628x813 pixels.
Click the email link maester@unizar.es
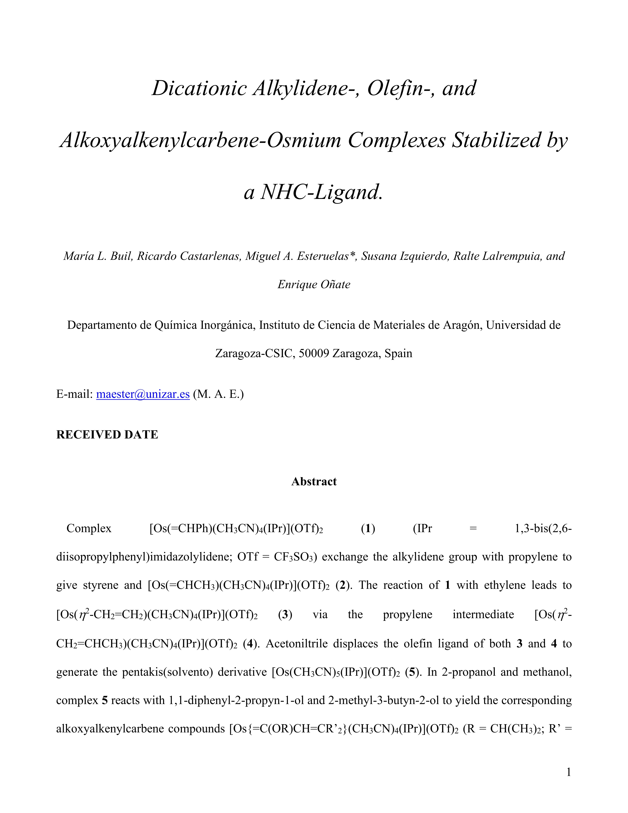coord(143,394)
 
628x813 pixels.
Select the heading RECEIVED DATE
coord(107,434)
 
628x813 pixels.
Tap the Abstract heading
coord(314,481)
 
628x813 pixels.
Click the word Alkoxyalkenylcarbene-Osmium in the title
coord(200,140)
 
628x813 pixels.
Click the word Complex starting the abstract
coord(89,529)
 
